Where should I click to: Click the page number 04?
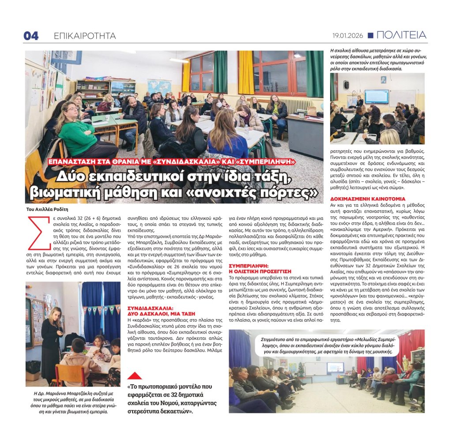(x=31, y=36)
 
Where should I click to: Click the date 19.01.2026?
(x=347, y=35)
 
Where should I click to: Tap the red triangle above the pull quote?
(x=135, y=375)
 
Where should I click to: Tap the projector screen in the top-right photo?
(x=376, y=96)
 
